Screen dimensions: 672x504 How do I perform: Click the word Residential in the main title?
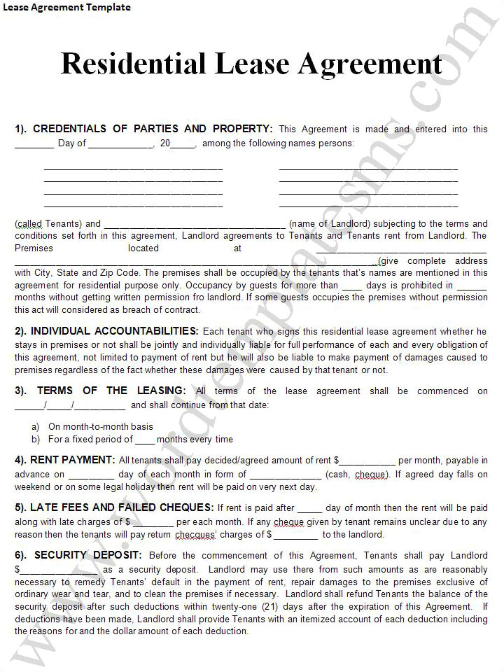tap(133, 64)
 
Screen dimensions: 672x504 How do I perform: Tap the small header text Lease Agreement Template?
tap(66, 8)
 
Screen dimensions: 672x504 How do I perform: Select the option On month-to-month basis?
tap(100, 426)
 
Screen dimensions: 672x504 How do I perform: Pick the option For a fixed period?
tap(90, 440)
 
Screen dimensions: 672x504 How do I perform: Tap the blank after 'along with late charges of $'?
tap(153, 523)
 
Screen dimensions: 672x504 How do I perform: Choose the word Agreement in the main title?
tap(370, 64)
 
